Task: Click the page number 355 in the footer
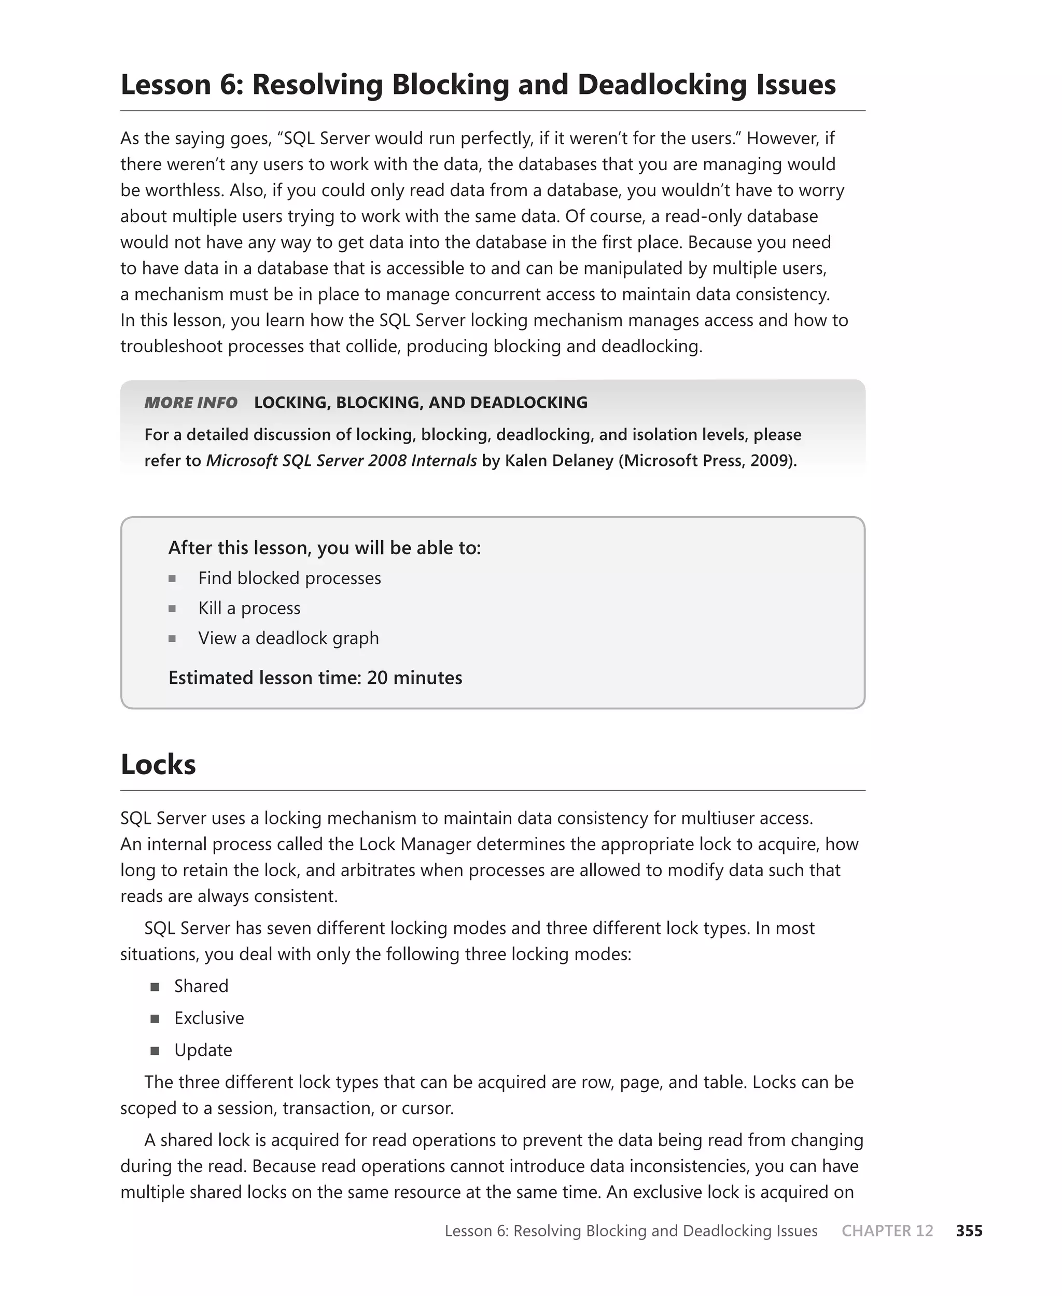coord(969,1231)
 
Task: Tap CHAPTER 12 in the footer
coord(887,1231)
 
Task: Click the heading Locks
coord(158,765)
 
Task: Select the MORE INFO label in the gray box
coord(190,403)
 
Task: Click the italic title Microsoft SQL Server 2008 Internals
coord(341,461)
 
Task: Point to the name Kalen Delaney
coord(558,461)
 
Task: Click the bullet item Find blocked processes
coord(289,578)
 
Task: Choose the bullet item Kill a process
coord(249,608)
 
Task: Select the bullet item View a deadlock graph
coord(288,638)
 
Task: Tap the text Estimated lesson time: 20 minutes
coord(315,678)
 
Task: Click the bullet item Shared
coord(201,986)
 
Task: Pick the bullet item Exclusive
coord(208,1017)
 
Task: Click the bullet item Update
coord(203,1050)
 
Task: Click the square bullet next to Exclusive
coord(155,1019)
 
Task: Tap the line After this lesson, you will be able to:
coord(324,548)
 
